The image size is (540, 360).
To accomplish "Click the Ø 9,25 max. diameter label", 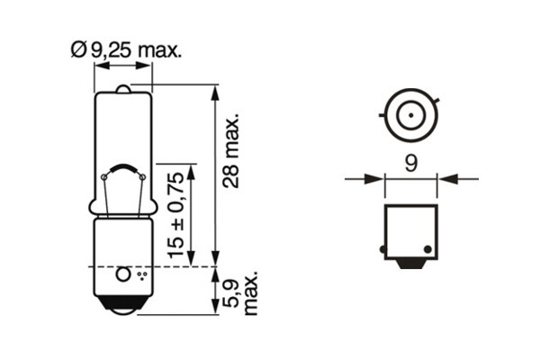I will pyautogui.click(x=126, y=50).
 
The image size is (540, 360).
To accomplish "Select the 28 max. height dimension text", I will pyautogui.click(x=233, y=149).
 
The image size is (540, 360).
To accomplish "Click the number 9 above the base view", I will pyautogui.click(x=410, y=163).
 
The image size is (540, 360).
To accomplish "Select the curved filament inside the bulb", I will pyautogui.click(x=124, y=168).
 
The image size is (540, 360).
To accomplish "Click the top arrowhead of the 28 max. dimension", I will pyautogui.click(x=215, y=91).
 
